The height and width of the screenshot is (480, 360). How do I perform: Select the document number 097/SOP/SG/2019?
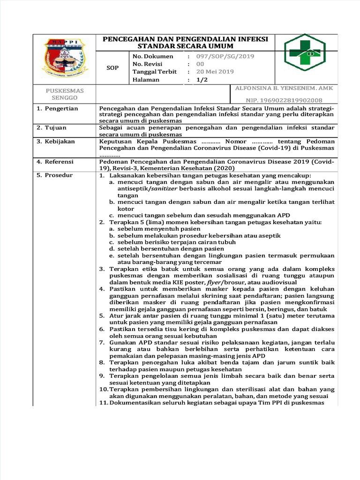(x=219, y=56)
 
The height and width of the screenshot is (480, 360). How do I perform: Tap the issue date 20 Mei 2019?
(x=215, y=72)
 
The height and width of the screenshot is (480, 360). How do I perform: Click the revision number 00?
(x=200, y=64)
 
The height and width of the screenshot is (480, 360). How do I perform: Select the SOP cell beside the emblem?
(x=112, y=67)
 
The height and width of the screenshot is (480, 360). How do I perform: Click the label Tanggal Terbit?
(x=155, y=72)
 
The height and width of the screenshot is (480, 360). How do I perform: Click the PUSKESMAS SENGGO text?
(x=65, y=94)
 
